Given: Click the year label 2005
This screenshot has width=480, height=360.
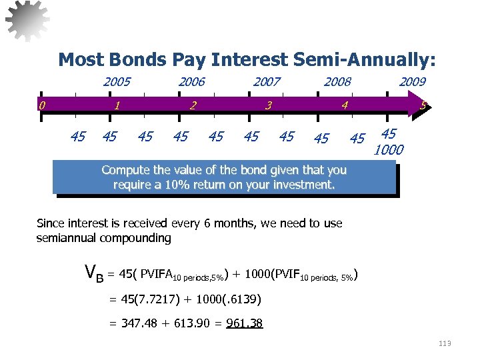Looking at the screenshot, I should coord(117,82).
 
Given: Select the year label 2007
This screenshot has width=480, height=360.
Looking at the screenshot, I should coord(267,82).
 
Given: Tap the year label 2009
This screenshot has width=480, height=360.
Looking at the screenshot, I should coord(412,82).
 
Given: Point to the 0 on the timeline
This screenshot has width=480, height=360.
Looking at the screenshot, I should coord(42,105).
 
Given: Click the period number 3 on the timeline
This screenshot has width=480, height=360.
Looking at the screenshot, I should coord(268,105).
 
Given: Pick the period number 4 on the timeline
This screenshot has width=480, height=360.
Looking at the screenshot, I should coord(345,105).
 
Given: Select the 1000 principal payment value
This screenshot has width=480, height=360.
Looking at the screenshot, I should coord(389,150).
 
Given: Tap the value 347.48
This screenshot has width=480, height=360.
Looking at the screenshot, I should coord(137,324).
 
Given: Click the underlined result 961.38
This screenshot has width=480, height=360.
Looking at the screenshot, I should coord(245,324).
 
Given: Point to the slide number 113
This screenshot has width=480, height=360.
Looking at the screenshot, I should coord(445,343).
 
